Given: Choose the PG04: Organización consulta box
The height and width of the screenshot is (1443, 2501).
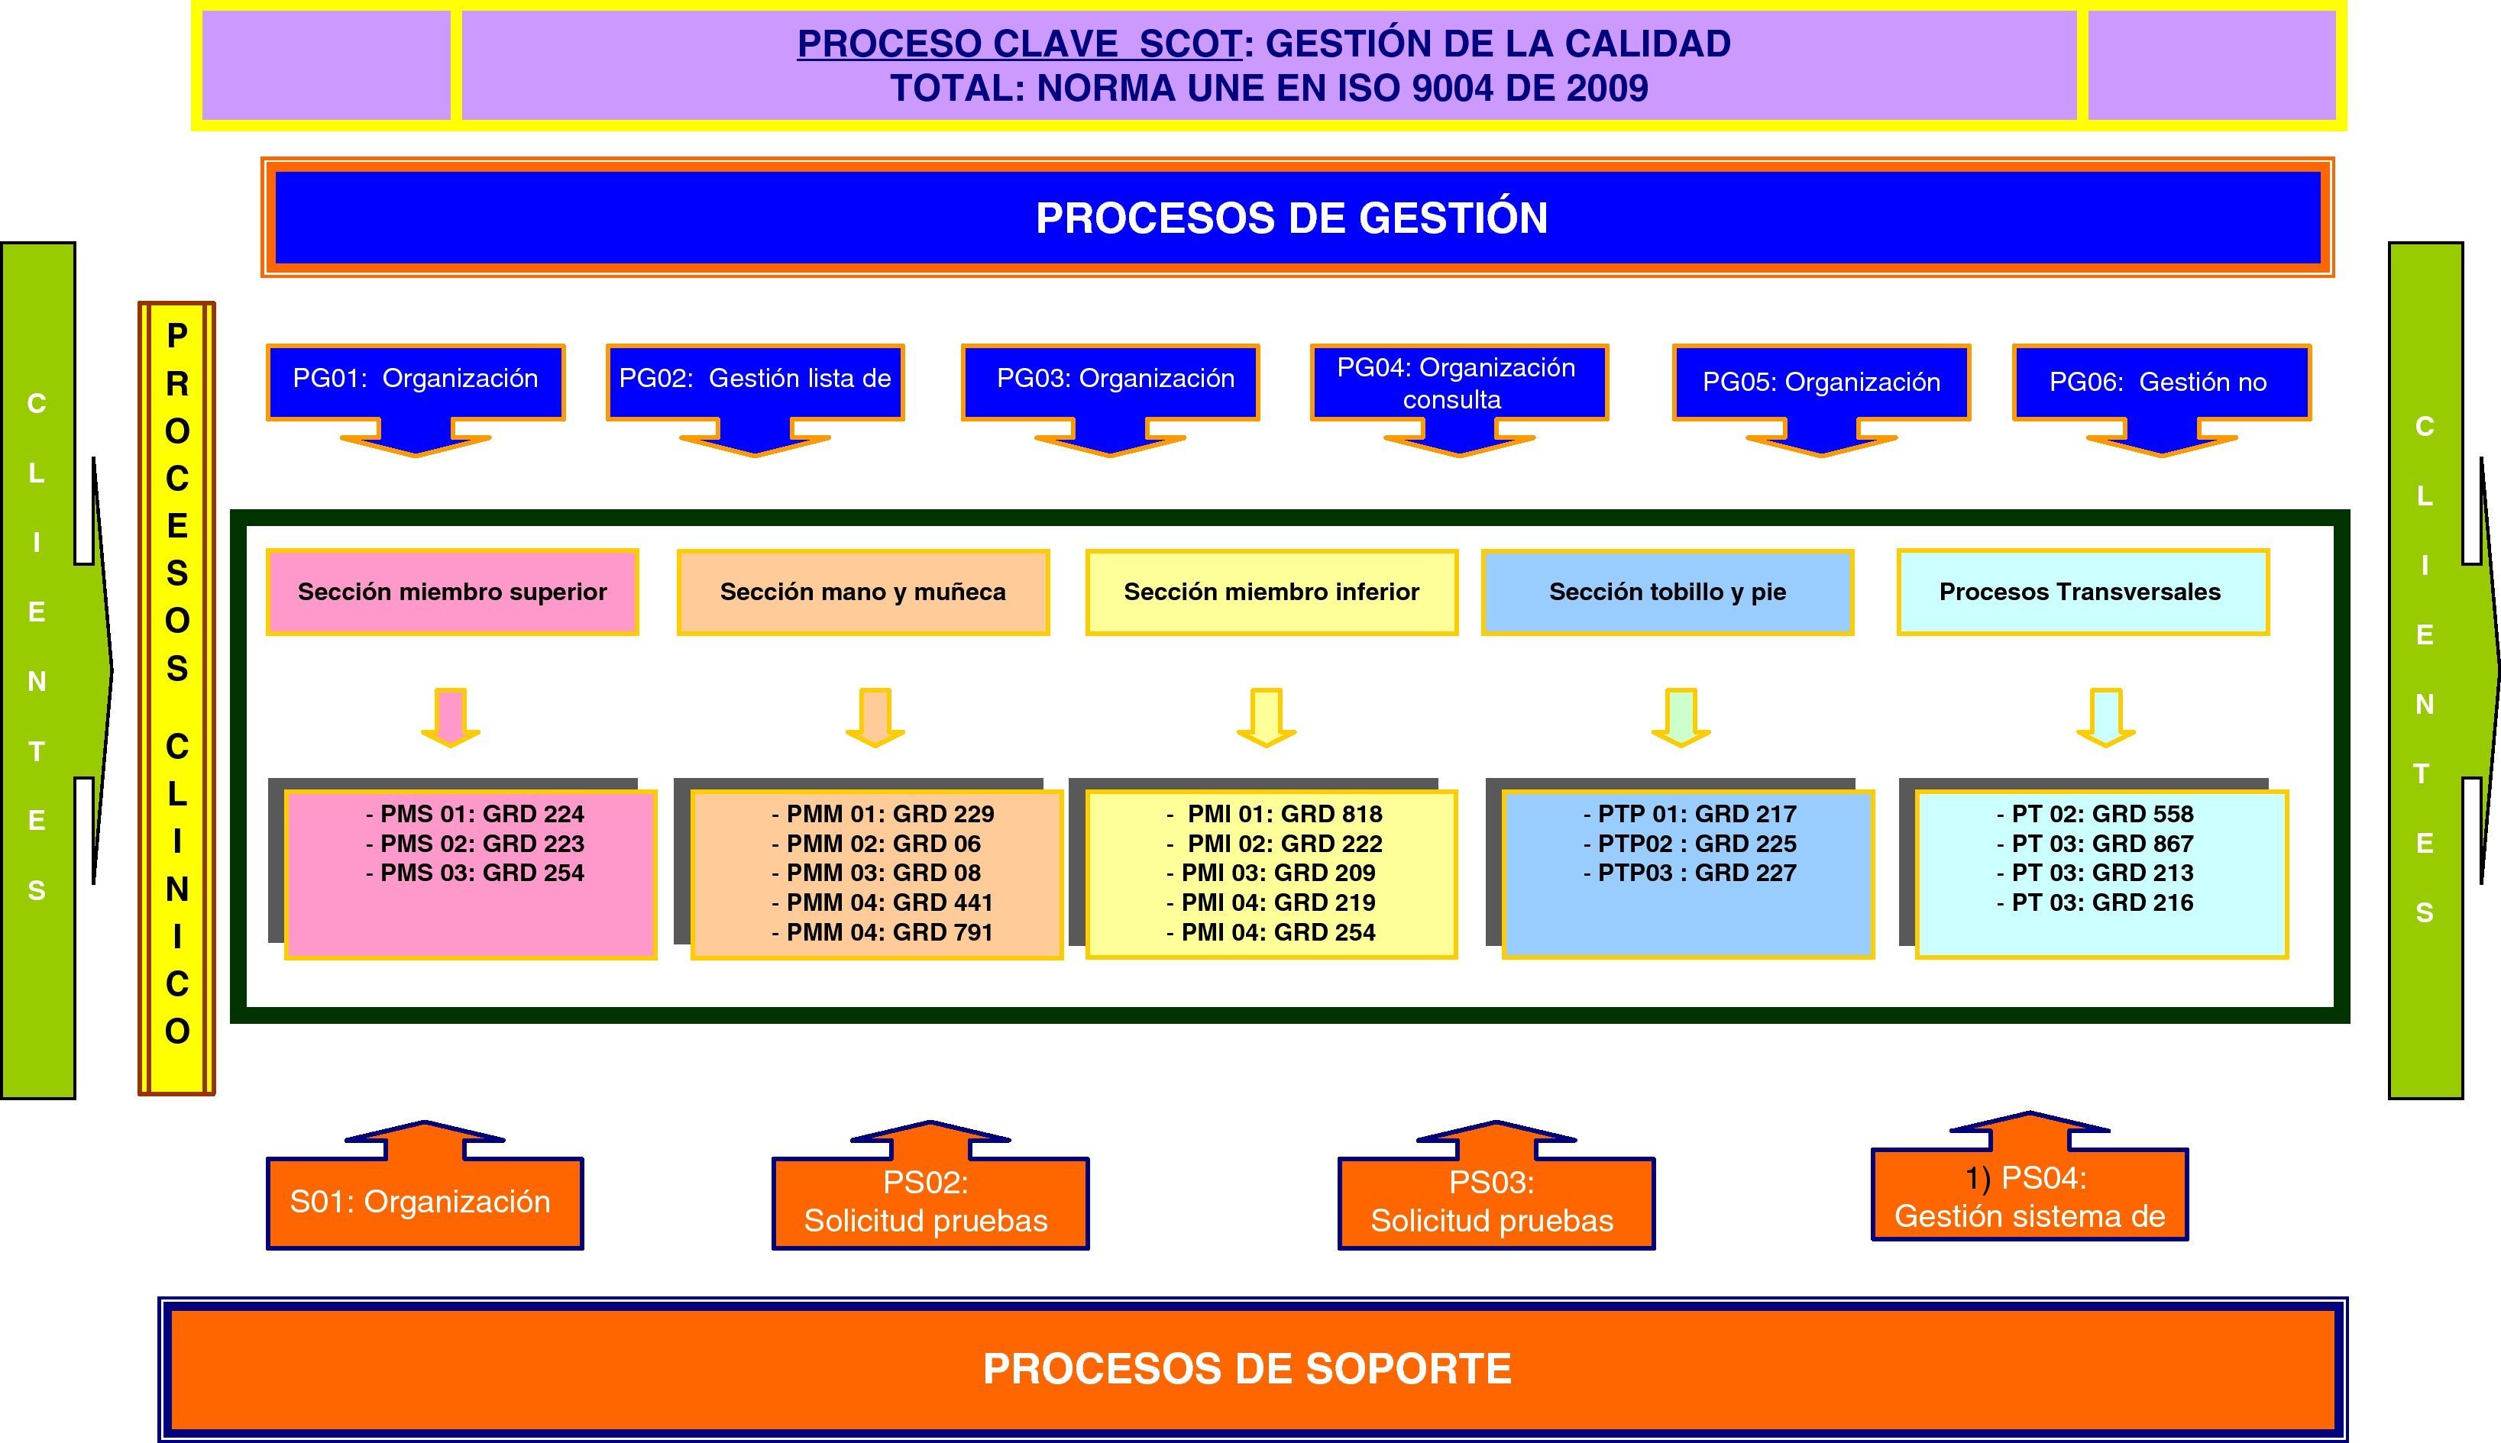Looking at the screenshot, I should pyautogui.click(x=1458, y=383).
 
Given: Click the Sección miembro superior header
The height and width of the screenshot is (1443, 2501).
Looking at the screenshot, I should pyautogui.click(x=452, y=592).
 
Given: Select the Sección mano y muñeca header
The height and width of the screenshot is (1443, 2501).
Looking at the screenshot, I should pyautogui.click(x=862, y=592).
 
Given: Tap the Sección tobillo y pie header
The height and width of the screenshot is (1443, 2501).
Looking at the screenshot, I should pyautogui.click(x=1668, y=592).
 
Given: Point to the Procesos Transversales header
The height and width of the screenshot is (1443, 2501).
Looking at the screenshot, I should pyautogui.click(x=2081, y=592).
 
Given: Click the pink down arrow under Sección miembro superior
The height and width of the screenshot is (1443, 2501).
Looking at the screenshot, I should pyautogui.click(x=451, y=718).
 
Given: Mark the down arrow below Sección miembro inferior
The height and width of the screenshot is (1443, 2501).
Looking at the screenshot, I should pyautogui.click(x=1267, y=718).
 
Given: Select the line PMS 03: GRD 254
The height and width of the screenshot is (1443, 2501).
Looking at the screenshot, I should pyautogui.click(x=476, y=873).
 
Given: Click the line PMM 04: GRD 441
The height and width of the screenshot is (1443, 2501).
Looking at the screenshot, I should pyautogui.click(x=882, y=903).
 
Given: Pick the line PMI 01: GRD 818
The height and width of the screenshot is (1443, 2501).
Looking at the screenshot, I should pyautogui.click(x=1275, y=815).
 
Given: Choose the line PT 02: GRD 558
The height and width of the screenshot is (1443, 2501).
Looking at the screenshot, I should pyautogui.click(x=2095, y=815).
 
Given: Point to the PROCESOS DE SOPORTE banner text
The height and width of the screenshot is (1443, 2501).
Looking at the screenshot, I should pyautogui.click(x=1247, y=1369).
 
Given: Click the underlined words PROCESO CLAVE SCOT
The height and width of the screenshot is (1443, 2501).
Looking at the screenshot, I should pyautogui.click(x=1019, y=44).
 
